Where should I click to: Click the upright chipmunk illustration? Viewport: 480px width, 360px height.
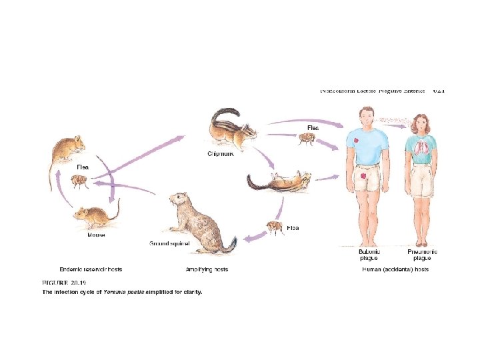(227, 128)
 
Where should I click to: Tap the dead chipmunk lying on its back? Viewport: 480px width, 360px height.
(280, 180)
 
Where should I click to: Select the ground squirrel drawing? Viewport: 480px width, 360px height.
(198, 223)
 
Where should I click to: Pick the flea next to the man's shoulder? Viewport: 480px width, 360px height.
(307, 139)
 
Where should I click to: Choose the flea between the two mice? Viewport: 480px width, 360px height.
(79, 180)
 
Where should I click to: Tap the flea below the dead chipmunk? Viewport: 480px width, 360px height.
(275, 227)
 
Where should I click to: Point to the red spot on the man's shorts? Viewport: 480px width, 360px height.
(363, 175)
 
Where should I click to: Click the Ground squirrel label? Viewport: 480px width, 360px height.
(169, 244)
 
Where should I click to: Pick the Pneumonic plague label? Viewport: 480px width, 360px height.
(423, 255)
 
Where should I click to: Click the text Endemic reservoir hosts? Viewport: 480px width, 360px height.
(91, 269)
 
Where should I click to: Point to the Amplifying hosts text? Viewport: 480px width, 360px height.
(207, 269)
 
